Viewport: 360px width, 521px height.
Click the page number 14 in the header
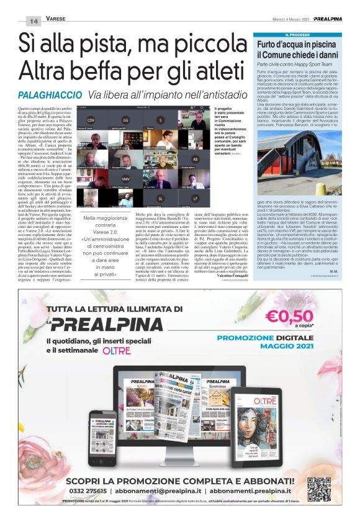tap(33, 21)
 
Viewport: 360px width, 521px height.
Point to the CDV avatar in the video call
tap(91, 120)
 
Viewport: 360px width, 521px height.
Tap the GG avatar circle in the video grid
tap(125, 120)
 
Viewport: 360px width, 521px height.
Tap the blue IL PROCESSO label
tap(297, 35)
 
